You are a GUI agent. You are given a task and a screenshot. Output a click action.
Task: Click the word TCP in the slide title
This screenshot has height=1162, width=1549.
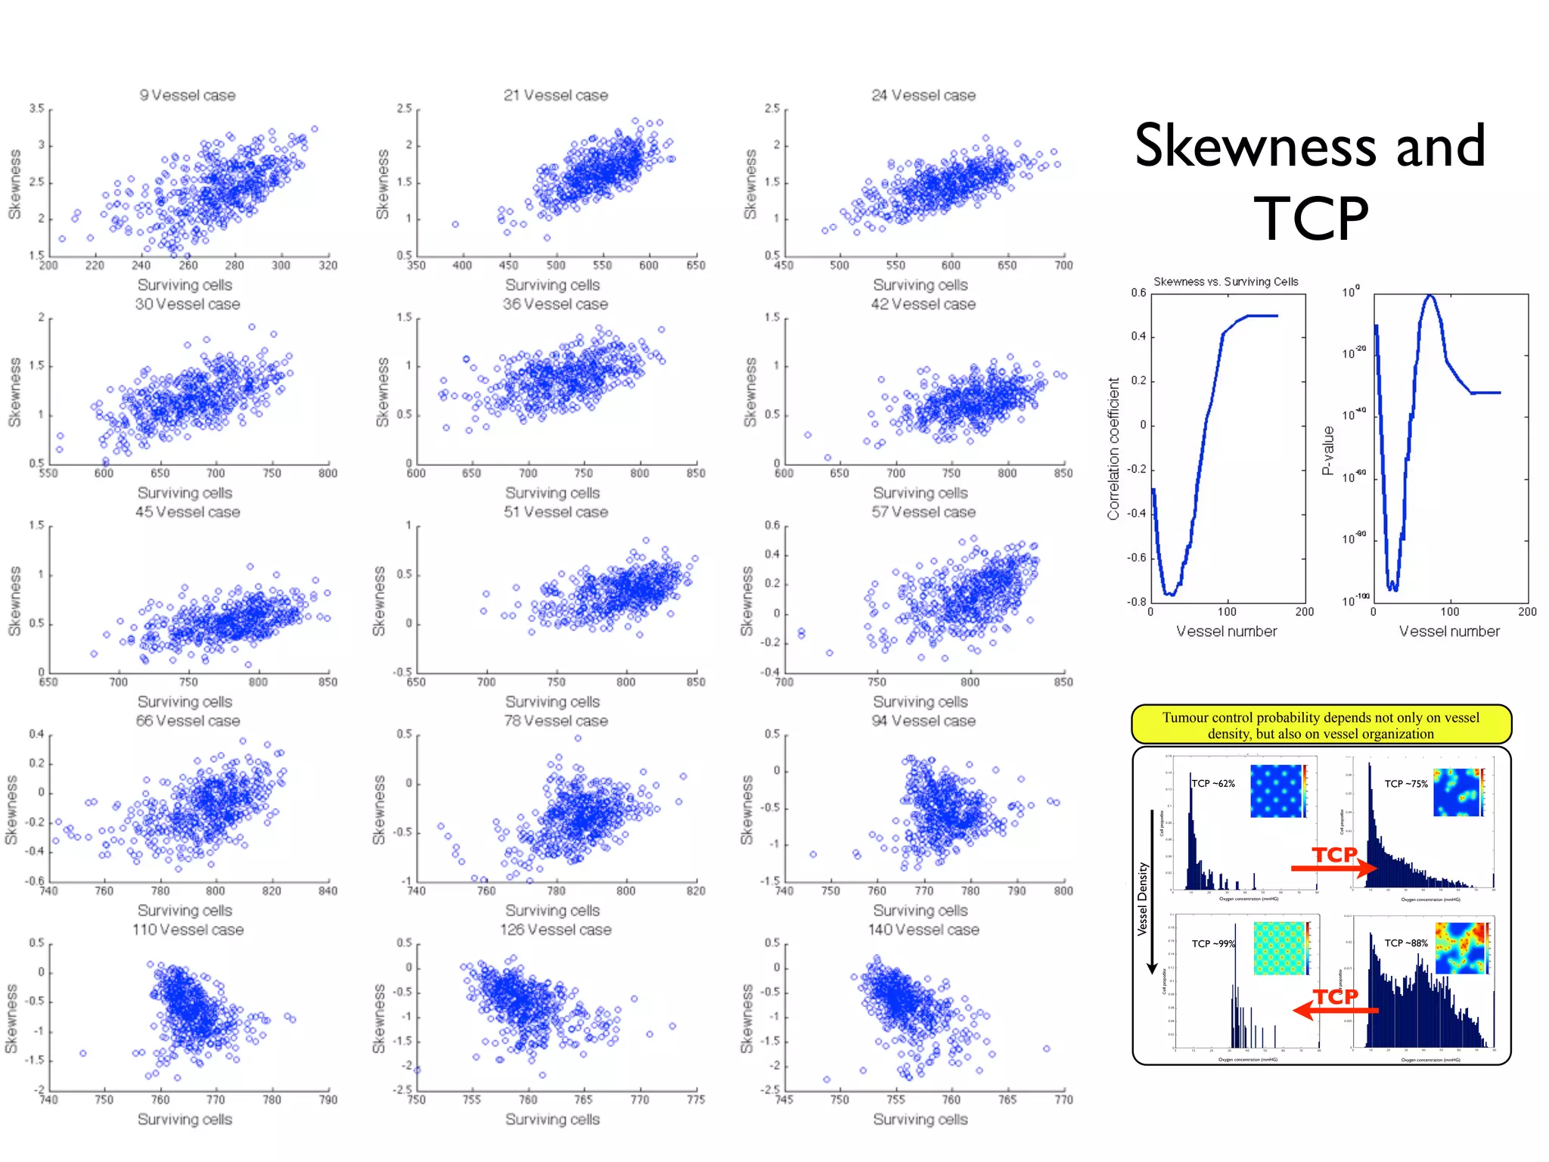coord(1312,219)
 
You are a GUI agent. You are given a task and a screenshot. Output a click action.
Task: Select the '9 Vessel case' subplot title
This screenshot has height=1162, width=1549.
coord(187,95)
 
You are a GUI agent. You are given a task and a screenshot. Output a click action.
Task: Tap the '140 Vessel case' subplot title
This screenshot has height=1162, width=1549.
coord(923,929)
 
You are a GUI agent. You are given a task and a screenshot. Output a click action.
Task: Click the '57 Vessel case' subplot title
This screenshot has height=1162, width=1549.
coord(923,512)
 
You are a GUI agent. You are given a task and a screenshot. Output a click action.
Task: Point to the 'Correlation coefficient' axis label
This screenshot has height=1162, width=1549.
coord(1113,449)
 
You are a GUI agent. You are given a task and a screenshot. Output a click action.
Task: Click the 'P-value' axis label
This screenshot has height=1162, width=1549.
coord(1327,451)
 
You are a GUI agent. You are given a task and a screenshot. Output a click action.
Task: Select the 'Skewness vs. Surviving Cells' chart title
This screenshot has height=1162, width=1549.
coord(1225,281)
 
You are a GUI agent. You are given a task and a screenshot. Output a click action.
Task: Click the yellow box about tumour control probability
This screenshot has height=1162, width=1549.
coord(1321,725)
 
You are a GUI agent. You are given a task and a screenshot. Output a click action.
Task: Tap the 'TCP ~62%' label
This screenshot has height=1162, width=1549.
coord(1213,783)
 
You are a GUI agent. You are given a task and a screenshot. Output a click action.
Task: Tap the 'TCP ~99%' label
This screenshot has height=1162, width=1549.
coord(1212,943)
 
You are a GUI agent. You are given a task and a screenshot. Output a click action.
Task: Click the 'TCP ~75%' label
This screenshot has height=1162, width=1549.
coord(1405,784)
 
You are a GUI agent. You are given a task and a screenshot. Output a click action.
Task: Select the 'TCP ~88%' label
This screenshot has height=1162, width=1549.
coord(1405,943)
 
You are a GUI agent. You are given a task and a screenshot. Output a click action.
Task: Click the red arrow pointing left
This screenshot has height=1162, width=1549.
coord(1336,1009)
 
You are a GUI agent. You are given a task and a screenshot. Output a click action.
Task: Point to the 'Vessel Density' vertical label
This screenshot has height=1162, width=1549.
coord(1142,899)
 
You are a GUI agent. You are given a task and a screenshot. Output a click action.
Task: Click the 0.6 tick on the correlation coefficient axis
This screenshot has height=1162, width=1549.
coord(1138,293)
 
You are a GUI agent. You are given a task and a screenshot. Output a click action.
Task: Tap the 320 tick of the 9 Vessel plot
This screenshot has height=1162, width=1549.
coord(327,266)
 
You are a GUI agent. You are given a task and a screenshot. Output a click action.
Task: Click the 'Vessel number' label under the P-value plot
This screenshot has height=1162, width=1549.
coord(1448,631)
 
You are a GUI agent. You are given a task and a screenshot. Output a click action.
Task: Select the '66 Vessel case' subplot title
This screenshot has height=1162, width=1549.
coord(187,721)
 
